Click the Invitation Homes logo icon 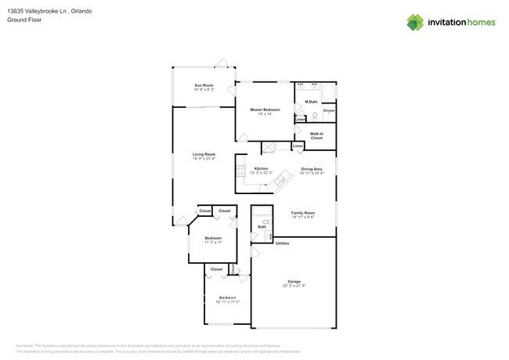click(414, 22)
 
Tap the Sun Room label click(204, 85)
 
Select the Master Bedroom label click(265, 110)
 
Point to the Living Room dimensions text click(204, 159)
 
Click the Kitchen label click(262, 169)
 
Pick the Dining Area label click(312, 169)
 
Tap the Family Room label click(303, 213)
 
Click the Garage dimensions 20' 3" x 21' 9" click(294, 286)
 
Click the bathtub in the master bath click(328, 94)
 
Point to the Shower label click(329, 110)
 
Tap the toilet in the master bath click(315, 115)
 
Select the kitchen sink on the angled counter click(281, 182)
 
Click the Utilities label click(282, 243)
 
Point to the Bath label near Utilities click(262, 227)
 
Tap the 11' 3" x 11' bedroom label click(213, 238)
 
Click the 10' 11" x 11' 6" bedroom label click(227, 298)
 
